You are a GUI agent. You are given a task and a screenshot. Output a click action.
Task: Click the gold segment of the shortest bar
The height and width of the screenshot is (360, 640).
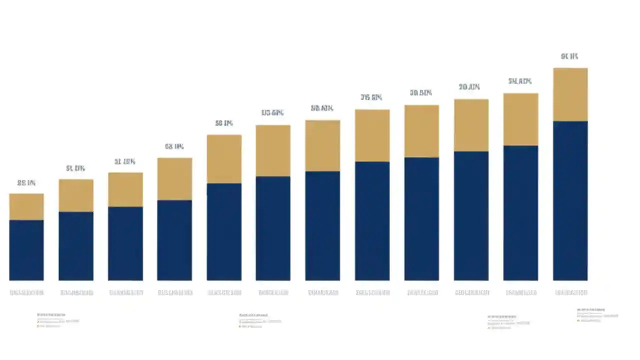click(26, 206)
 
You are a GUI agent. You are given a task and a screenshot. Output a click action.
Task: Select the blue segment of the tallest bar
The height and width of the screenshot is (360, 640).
click(570, 200)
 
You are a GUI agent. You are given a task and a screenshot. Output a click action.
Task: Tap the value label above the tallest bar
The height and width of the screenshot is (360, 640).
click(569, 56)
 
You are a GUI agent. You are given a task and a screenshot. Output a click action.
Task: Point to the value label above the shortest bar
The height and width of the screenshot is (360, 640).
click(26, 183)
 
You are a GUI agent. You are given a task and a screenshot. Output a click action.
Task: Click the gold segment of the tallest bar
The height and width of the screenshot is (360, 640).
click(570, 94)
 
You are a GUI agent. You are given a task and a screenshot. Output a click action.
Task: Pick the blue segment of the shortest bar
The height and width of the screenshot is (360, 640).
click(26, 250)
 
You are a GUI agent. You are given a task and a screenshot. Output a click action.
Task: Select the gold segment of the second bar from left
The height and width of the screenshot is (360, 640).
click(76, 195)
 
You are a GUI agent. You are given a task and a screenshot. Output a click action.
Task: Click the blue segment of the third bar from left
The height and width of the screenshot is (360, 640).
click(125, 243)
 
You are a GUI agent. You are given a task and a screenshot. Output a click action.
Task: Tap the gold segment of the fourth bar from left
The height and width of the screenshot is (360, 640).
click(174, 179)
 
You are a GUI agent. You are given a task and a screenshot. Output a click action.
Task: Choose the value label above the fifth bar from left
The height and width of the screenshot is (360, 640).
click(224, 123)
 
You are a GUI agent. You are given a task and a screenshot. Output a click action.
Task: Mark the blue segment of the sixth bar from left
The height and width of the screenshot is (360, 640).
click(273, 228)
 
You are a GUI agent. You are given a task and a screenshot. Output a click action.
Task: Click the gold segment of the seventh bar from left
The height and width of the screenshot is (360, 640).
click(322, 145)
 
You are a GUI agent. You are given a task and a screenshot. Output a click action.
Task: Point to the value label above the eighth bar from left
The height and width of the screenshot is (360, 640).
click(371, 97)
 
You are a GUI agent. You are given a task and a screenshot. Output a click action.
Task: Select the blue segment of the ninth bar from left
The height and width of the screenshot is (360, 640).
click(421, 218)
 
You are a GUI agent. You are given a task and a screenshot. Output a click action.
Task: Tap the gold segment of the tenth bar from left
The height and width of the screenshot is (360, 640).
click(471, 125)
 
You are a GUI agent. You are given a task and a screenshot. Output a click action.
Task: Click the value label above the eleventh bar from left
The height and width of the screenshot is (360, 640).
click(520, 81)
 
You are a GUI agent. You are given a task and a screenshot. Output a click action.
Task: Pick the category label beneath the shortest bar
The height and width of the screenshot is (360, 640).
click(26, 292)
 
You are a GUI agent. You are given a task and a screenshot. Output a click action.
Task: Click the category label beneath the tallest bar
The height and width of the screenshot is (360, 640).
click(570, 292)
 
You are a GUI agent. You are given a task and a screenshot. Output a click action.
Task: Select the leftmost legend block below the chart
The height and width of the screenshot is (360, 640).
click(57, 320)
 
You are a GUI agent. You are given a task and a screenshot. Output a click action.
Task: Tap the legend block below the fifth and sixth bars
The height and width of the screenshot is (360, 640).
click(259, 320)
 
